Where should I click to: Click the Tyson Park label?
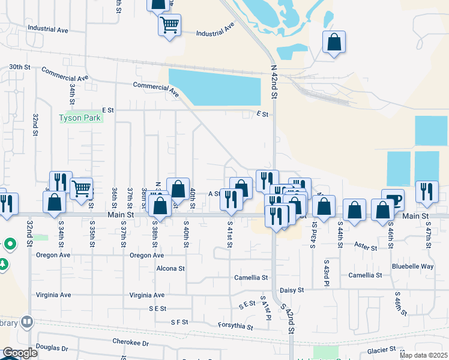pyautogui.click(x=80, y=118)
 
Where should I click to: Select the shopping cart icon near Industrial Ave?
pyautogui.click(x=170, y=26)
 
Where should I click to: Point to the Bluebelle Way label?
pyautogui.click(x=412, y=266)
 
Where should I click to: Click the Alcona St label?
pyautogui.click(x=170, y=268)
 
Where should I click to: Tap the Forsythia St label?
pyautogui.click(x=235, y=326)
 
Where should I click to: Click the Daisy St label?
pyautogui.click(x=292, y=290)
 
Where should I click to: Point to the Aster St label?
pyautogui.click(x=365, y=247)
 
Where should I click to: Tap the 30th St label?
pyautogui.click(x=19, y=67)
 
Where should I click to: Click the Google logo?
pyautogui.click(x=20, y=353)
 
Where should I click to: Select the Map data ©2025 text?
pyautogui.click(x=423, y=355)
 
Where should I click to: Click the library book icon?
pyautogui.click(x=27, y=322)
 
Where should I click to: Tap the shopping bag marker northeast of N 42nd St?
pyautogui.click(x=334, y=43)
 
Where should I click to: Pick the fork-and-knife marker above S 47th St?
pyautogui.click(x=427, y=191)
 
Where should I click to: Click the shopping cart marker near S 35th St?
pyautogui.click(x=81, y=188)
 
